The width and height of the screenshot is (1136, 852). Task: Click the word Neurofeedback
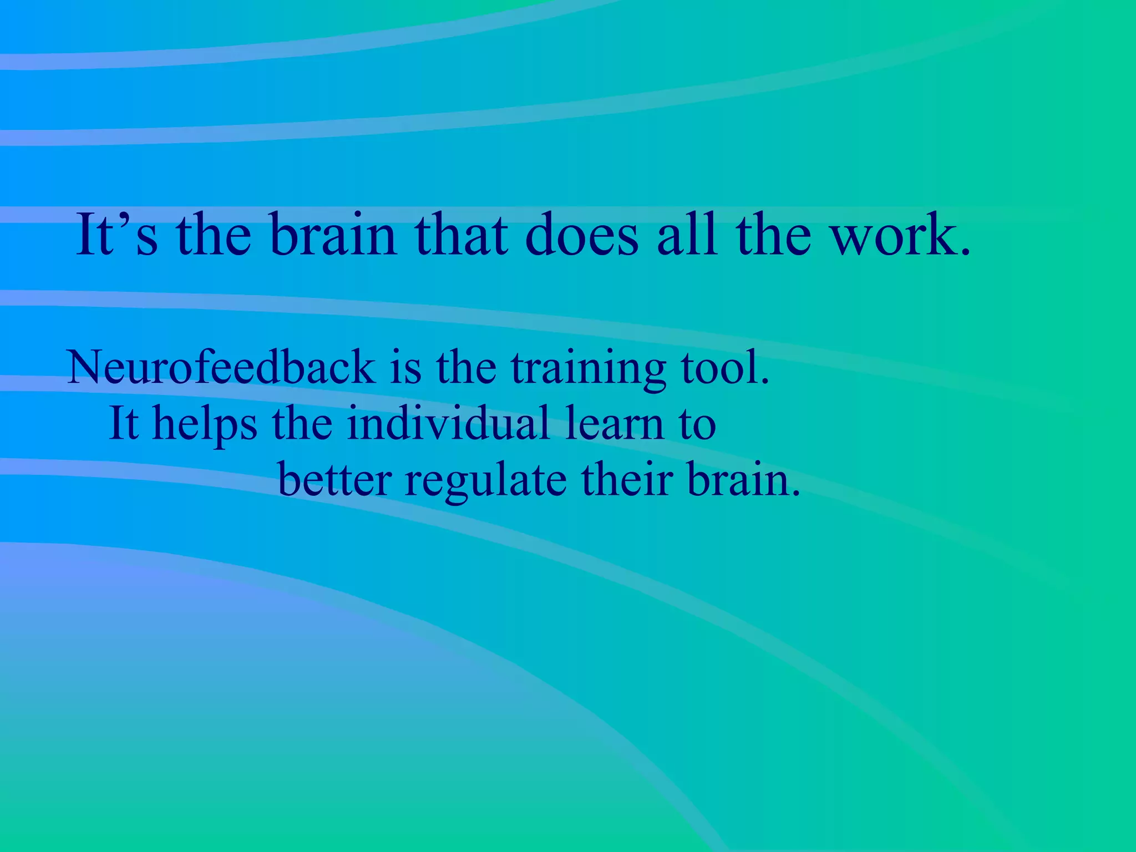(x=221, y=367)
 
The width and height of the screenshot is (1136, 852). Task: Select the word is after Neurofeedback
(x=405, y=367)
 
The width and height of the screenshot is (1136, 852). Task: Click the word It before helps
(x=123, y=423)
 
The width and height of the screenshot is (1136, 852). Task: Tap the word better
(x=335, y=479)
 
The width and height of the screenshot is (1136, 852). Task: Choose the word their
(x=627, y=479)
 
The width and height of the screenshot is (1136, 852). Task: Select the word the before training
(x=466, y=367)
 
